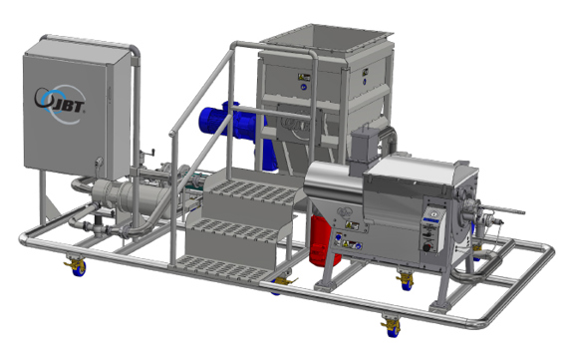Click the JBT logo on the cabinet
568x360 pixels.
pyautogui.click(x=63, y=101)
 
